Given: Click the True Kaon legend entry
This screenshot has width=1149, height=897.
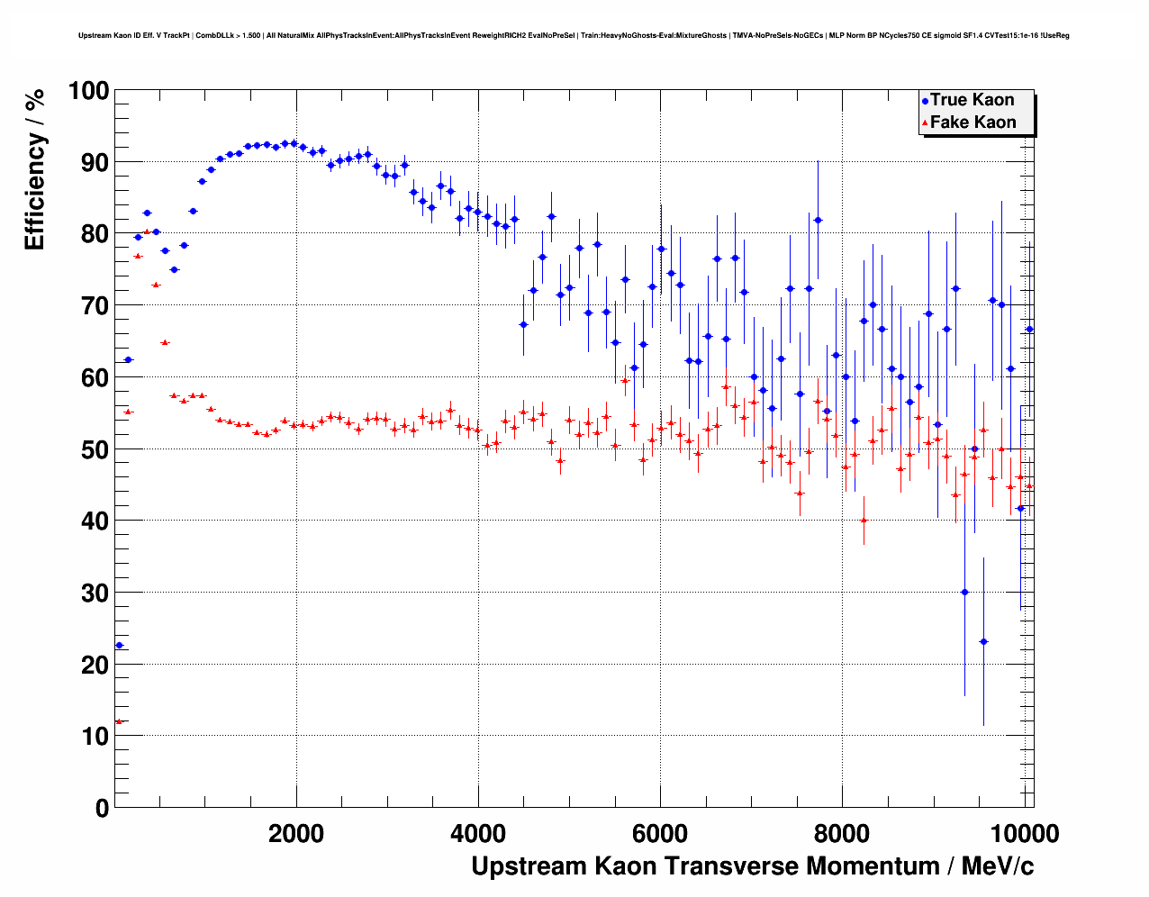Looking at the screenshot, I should coord(972,100).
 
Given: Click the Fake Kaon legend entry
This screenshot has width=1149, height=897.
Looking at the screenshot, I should coord(973,122).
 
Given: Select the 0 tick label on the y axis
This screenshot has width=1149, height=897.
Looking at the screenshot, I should coord(102,808).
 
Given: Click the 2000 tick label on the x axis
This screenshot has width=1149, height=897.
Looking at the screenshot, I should coord(296,833).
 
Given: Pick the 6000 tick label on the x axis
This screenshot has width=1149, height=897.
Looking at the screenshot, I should coord(660,833).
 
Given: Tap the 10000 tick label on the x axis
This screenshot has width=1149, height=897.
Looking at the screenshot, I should coord(1023,833).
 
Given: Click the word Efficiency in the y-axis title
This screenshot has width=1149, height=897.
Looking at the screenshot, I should coord(35,193).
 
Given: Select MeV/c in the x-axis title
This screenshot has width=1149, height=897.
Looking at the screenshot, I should coord(998,866).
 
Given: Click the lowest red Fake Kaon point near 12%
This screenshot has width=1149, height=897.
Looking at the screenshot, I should coord(119,721).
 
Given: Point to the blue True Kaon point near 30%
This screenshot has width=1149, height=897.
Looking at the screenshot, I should coord(964,592).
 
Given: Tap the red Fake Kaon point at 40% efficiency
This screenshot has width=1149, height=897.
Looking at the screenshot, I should coord(864,520).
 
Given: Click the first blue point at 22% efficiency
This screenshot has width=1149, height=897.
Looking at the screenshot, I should coord(119,645).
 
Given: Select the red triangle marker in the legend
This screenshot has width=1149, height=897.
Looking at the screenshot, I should coord(925,123).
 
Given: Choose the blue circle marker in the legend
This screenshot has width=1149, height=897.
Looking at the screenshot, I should coord(925,101).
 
